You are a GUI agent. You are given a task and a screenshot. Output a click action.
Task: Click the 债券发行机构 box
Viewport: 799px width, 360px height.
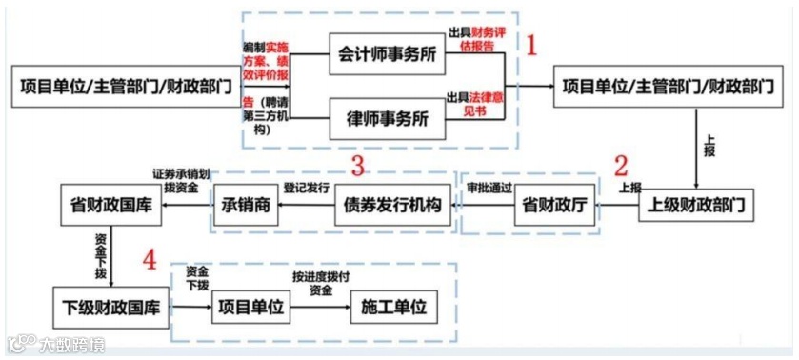tap(392, 206)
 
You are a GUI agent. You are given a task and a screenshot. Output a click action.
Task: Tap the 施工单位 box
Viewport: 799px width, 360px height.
tap(392, 308)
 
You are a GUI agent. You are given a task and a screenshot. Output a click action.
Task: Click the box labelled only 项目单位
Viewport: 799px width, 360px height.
tap(249, 308)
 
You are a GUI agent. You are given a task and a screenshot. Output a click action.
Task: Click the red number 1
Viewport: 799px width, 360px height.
tap(533, 44)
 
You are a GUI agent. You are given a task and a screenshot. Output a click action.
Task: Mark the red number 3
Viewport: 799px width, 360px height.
tap(358, 166)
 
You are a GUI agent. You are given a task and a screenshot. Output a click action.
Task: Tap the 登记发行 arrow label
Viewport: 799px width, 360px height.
tap(307, 188)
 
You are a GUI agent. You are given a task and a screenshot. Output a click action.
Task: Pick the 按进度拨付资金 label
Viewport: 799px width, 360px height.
tap(321, 283)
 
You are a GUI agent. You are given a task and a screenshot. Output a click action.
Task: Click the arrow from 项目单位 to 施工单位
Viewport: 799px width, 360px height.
tap(321, 308)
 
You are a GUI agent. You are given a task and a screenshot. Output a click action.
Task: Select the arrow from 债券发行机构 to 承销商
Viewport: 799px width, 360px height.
tap(307, 206)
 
